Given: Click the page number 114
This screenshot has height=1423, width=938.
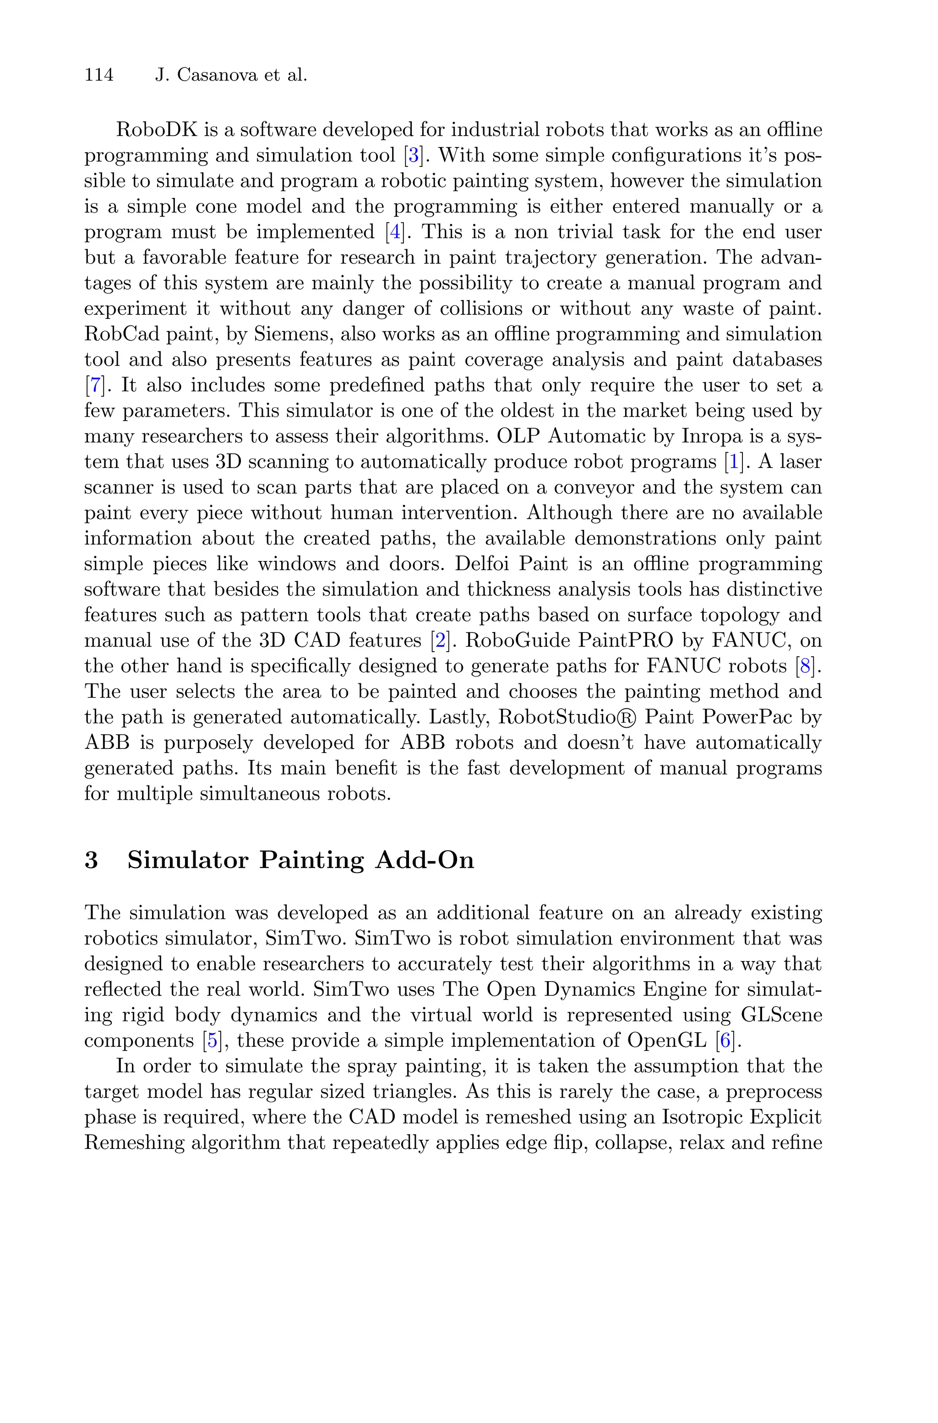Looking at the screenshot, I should pyautogui.click(x=99, y=76).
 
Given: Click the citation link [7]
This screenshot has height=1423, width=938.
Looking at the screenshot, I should pyautogui.click(x=94, y=385).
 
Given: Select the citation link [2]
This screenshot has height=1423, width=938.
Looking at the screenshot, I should pyautogui.click(x=440, y=641).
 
